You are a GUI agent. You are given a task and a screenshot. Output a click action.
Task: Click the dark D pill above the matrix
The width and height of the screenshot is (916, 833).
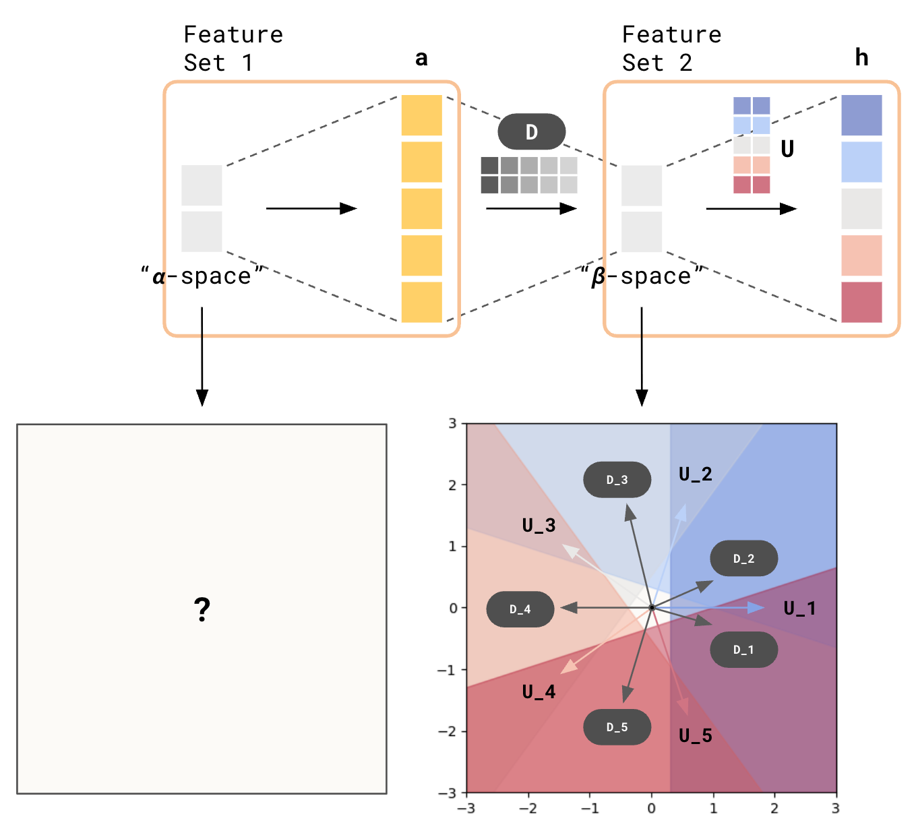click(x=531, y=131)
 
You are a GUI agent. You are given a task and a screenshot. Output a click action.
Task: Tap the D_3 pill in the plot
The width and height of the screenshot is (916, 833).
click(x=617, y=480)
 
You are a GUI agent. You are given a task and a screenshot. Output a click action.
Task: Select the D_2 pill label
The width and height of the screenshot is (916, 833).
click(x=743, y=559)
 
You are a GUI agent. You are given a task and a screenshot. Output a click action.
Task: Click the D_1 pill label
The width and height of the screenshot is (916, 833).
click(x=743, y=650)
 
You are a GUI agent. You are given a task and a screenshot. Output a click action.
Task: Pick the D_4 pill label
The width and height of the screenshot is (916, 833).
click(x=520, y=609)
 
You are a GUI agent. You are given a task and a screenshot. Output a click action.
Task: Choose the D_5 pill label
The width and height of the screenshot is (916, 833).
click(x=617, y=727)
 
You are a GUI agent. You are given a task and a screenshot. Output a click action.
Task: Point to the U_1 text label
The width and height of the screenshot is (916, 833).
click(x=799, y=609)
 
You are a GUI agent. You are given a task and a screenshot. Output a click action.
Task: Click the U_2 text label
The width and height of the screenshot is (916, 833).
click(x=695, y=474)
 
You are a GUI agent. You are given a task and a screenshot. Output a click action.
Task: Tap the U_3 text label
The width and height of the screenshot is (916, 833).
click(x=539, y=526)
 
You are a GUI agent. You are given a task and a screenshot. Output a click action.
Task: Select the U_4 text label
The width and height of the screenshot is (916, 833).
click(x=539, y=692)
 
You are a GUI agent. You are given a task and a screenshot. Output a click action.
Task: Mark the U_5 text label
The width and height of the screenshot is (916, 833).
click(x=695, y=736)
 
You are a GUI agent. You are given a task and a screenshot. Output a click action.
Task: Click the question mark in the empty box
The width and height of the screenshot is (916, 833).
click(x=202, y=609)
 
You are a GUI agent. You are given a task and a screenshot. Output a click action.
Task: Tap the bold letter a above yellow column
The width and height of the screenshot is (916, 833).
click(x=421, y=59)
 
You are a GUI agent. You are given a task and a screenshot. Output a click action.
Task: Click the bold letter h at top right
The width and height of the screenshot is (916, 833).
click(x=861, y=58)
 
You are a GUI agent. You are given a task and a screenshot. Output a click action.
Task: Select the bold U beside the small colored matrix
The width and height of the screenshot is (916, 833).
click(x=787, y=149)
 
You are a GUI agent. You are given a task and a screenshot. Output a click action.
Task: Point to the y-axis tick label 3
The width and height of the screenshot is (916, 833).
click(x=453, y=423)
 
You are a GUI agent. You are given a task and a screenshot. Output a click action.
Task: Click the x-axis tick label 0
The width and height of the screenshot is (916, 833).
click(x=651, y=808)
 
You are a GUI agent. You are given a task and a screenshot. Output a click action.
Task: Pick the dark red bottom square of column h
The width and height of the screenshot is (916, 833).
click(x=861, y=302)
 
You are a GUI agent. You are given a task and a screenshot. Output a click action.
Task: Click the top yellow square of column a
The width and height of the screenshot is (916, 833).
click(x=421, y=115)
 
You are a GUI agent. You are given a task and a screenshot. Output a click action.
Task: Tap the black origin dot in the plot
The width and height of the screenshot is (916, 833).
click(x=652, y=608)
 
